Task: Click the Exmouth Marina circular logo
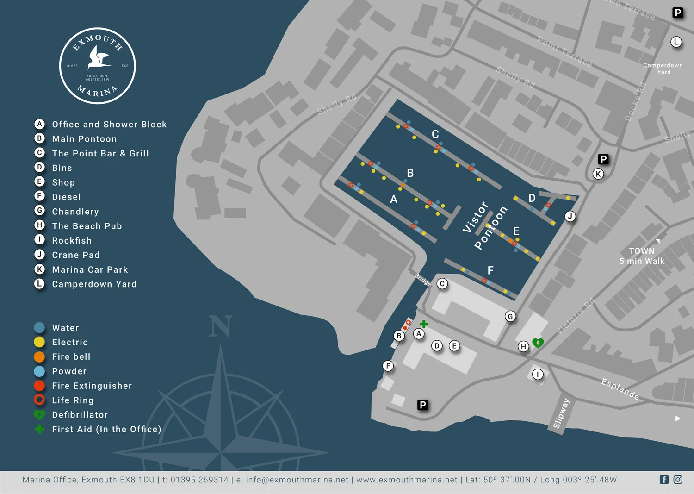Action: point(97,66)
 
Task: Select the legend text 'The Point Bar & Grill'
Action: point(100,153)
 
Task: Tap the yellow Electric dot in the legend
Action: point(39,342)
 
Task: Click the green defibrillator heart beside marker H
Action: point(538,343)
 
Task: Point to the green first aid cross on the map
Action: point(424,324)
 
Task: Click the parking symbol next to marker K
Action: point(603,159)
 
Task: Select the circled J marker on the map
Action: point(570,216)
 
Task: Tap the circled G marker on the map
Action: point(510,316)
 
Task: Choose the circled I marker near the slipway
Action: point(538,374)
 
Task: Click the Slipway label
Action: point(561,413)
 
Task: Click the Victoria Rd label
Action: point(575,316)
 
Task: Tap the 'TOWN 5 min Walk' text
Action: point(642,256)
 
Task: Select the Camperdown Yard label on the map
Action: point(663,69)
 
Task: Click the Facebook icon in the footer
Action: point(664,480)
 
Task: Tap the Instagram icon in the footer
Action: point(678,480)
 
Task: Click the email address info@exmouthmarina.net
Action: point(297,480)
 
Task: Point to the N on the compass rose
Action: point(220,326)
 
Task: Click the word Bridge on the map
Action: point(423,280)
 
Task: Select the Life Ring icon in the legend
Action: point(39,400)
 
